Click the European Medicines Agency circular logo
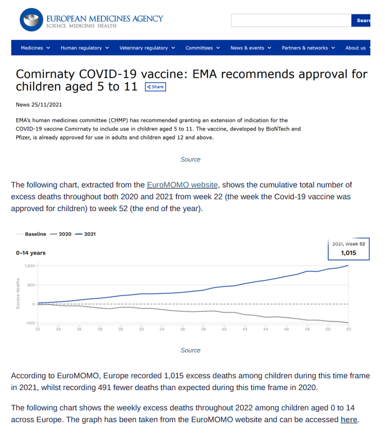(x=31, y=20)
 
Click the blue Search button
(x=361, y=20)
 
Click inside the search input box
(x=291, y=20)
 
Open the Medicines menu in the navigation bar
(x=35, y=48)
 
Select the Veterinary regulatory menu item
(x=147, y=48)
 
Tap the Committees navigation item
(x=202, y=48)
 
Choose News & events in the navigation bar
(x=251, y=48)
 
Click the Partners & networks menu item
(x=308, y=48)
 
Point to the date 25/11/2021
(x=47, y=105)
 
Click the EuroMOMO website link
(x=183, y=185)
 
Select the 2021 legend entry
(x=85, y=234)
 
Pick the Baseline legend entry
(x=31, y=234)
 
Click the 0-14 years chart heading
(x=31, y=253)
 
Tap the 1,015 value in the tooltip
(x=348, y=253)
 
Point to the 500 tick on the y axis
(x=31, y=285)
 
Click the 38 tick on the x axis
(x=203, y=329)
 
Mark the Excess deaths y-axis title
(x=18, y=293)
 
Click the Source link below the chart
(x=191, y=350)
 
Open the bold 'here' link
(x=349, y=419)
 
